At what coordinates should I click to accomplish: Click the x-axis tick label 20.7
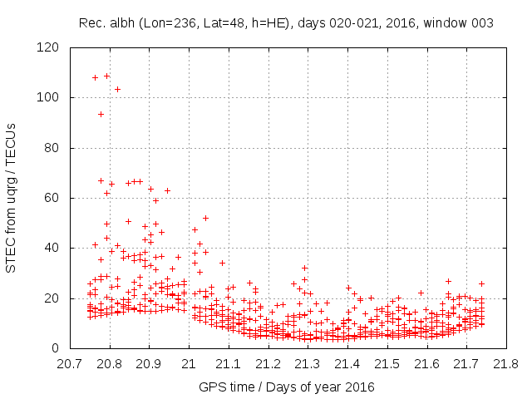(x=70, y=364)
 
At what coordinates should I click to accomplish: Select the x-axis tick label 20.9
(x=149, y=364)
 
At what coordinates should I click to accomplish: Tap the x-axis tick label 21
(x=189, y=364)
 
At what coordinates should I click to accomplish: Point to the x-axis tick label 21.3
(x=308, y=364)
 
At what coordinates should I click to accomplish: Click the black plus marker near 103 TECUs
(x=117, y=89)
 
